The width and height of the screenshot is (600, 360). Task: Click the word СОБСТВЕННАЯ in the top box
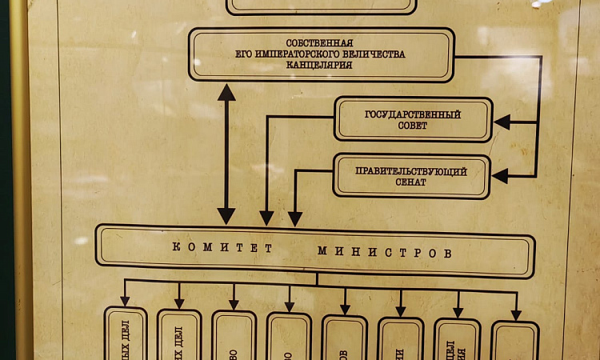319,43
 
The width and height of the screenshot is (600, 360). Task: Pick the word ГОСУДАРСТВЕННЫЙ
412,114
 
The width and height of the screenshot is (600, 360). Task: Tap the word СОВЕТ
412,126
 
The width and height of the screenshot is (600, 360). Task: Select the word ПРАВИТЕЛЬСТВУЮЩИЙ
410,171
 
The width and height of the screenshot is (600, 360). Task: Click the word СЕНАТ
410,182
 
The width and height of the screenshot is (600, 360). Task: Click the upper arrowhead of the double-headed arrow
226,91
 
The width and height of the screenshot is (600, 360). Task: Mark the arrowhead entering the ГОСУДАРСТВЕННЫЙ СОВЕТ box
502,122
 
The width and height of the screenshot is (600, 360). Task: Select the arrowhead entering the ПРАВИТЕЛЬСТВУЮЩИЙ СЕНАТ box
500,176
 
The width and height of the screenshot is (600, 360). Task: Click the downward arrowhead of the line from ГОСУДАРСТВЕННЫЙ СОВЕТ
267,218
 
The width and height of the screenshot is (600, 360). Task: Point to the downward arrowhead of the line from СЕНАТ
295,218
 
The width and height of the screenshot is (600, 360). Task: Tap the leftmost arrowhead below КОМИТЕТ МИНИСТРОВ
126,301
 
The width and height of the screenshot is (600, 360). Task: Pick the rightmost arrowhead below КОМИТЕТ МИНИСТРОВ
516,314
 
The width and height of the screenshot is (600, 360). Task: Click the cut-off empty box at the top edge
321,6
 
